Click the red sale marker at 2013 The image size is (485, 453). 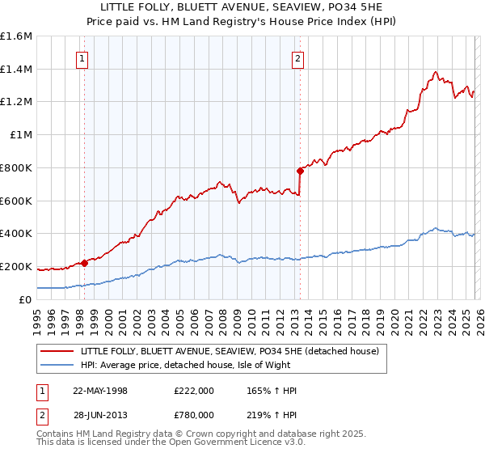click(x=300, y=171)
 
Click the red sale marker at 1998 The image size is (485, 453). click(x=85, y=262)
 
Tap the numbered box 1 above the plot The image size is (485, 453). click(x=83, y=58)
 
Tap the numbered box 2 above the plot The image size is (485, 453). click(x=298, y=58)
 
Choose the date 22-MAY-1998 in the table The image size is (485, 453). click(x=100, y=391)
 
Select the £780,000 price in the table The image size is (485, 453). click(x=194, y=415)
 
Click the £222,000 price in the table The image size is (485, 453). click(x=194, y=391)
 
